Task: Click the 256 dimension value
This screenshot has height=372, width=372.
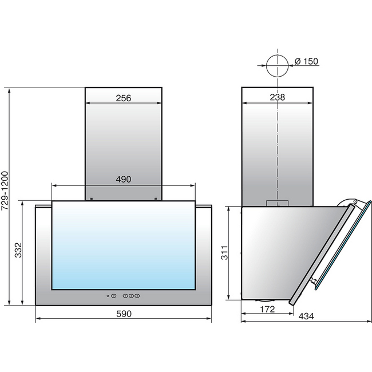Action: (124, 98)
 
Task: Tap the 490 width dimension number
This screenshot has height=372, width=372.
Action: (124, 179)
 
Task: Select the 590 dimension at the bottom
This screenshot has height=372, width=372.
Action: (124, 314)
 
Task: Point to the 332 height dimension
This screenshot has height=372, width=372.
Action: (18, 250)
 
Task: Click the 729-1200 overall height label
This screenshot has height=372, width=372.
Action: (5, 191)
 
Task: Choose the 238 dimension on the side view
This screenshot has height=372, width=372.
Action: (278, 97)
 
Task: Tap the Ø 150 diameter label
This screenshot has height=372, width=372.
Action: (306, 61)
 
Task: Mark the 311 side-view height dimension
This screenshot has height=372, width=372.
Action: (224, 252)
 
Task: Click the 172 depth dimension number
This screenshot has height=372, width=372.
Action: (267, 309)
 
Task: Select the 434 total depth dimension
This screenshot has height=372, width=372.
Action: (306, 316)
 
